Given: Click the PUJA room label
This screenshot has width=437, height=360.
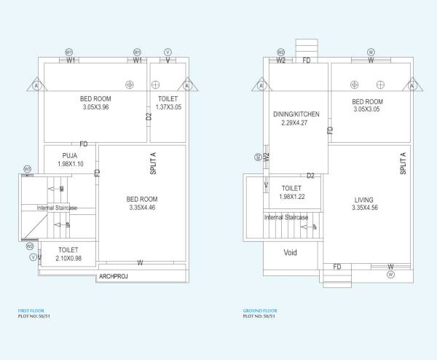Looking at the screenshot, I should pyautogui.click(x=70, y=155).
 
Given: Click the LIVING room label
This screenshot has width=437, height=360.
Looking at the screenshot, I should pyautogui.click(x=364, y=199).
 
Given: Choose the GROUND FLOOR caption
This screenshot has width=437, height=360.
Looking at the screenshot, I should pyautogui.click(x=259, y=311).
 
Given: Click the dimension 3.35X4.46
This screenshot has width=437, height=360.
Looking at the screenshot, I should pyautogui.click(x=141, y=208).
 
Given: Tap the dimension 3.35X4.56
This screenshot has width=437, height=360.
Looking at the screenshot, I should pyautogui.click(x=363, y=208).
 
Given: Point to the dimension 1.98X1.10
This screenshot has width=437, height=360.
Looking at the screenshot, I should pyautogui.click(x=70, y=164).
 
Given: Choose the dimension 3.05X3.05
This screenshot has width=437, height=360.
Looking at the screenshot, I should pyautogui.click(x=367, y=110).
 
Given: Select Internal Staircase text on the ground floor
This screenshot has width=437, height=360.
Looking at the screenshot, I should pyautogui.click(x=286, y=217).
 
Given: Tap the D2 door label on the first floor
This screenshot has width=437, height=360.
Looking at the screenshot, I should pyautogui.click(x=149, y=116).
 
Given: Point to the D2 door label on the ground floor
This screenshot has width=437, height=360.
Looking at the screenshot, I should pyautogui.click(x=310, y=176).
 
